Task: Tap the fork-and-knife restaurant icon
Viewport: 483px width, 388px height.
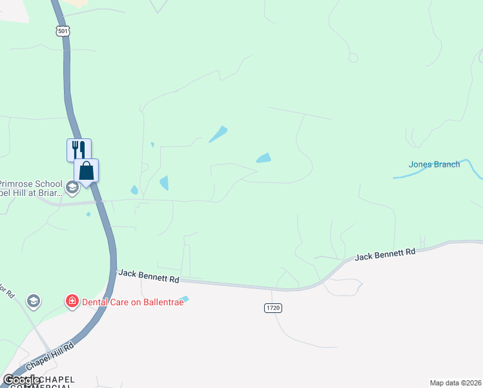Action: coord(79,149)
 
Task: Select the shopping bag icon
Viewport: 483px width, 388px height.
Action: coord(87,171)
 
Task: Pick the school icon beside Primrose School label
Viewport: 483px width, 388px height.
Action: coord(72,188)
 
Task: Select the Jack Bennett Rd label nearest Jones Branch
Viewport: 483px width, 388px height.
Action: coord(385,253)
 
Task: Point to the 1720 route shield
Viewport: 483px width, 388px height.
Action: coord(273,308)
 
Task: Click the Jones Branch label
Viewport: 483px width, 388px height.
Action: coord(434,164)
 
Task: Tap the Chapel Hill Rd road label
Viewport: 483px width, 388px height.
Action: coord(51,357)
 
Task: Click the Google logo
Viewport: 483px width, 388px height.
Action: coord(22,380)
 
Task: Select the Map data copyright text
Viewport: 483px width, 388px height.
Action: coord(456,383)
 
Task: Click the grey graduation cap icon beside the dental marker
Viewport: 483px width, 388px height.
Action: coord(34,301)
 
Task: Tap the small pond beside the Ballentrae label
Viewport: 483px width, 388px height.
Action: coord(185,299)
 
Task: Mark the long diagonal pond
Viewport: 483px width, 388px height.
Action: coord(218,134)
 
